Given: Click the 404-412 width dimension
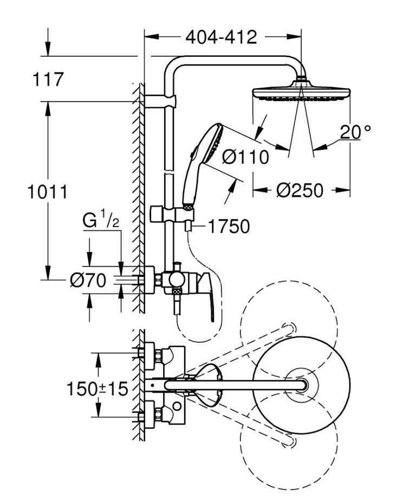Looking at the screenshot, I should [x=220, y=37].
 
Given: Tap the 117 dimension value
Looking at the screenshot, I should [x=48, y=80].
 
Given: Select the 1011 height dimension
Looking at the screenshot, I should [x=47, y=191].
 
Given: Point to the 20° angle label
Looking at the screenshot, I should [x=356, y=131].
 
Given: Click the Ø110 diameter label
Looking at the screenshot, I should [x=245, y=157].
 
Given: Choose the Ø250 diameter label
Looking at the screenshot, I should [x=299, y=190].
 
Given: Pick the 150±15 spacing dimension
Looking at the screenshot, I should [x=97, y=388].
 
